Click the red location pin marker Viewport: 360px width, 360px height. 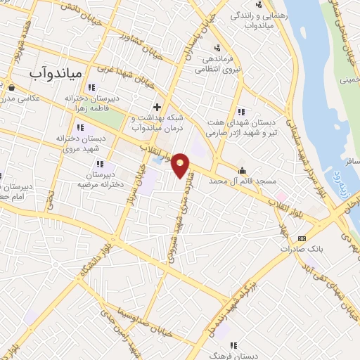(x=181, y=165)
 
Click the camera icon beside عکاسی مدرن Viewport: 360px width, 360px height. (x=13, y=88)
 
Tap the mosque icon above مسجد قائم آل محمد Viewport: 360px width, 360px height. (x=243, y=169)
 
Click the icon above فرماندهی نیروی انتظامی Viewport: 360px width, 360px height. (x=218, y=48)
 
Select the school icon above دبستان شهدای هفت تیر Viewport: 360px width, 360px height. (x=241, y=111)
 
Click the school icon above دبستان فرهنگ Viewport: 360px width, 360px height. (x=233, y=345)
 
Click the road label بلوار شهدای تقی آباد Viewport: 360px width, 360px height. (x=330, y=281)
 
